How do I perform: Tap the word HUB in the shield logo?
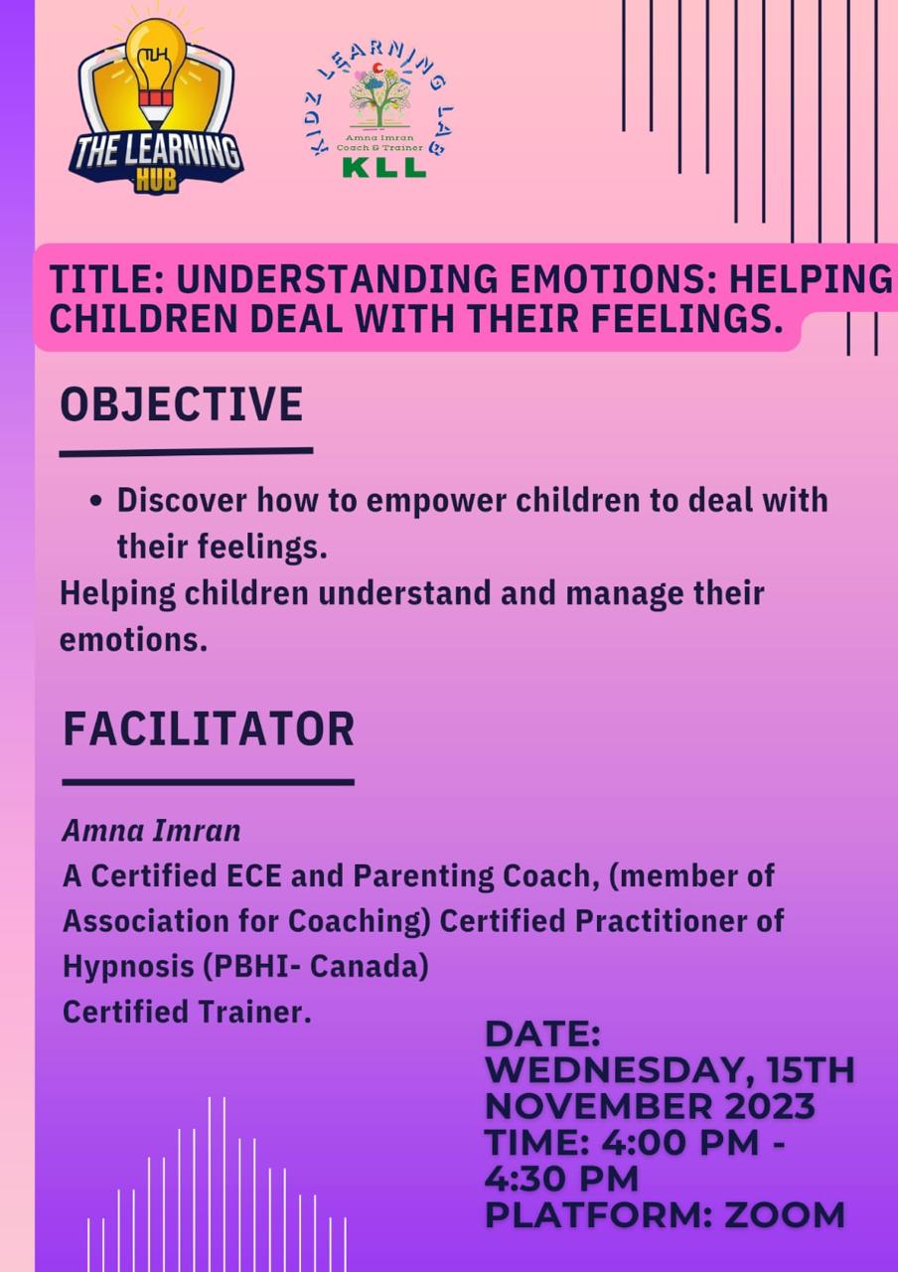click(x=156, y=183)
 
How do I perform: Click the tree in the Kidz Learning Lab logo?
click(x=380, y=96)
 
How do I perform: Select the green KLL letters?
click(x=384, y=166)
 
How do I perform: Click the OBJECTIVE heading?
click(x=181, y=404)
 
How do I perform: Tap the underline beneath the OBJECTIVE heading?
click(x=186, y=451)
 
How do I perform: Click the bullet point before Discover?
click(x=96, y=501)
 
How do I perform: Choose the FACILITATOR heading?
click(x=209, y=728)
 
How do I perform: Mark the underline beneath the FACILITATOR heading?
click(x=209, y=782)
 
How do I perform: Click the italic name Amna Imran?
click(x=152, y=831)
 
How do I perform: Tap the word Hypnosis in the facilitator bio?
click(x=128, y=967)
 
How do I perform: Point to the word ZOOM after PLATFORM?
click(x=785, y=1215)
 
